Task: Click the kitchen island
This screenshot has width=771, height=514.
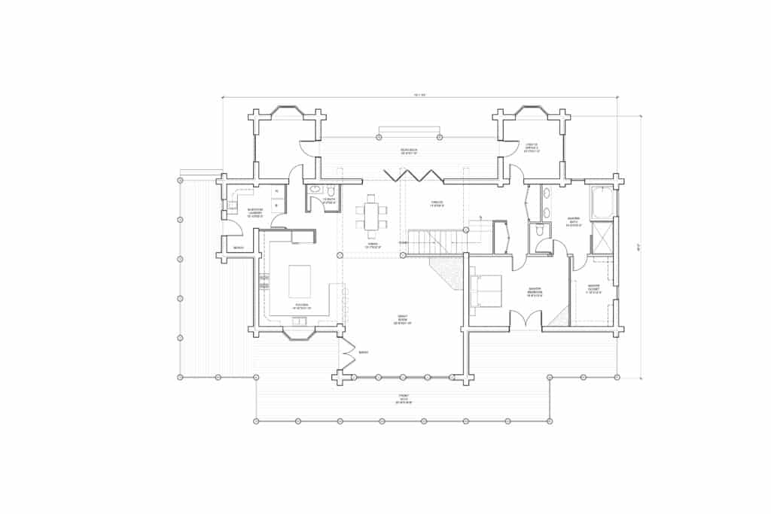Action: pyautogui.click(x=299, y=281)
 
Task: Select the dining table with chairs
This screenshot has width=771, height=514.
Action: pyautogui.click(x=371, y=217)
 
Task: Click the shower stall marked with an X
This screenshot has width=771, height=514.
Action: pyautogui.click(x=602, y=239)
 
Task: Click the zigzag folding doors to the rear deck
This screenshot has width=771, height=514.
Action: pyautogui.click(x=412, y=175)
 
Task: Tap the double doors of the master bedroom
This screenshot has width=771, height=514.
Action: pyautogui.click(x=526, y=320)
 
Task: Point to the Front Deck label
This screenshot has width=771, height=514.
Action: pyautogui.click(x=404, y=400)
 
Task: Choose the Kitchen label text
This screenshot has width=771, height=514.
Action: pyautogui.click(x=300, y=306)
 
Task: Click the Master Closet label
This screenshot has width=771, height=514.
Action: pyautogui.click(x=593, y=289)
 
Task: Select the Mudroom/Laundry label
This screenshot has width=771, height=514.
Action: pyautogui.click(x=254, y=214)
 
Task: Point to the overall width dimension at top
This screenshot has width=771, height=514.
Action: pyautogui.click(x=419, y=95)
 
